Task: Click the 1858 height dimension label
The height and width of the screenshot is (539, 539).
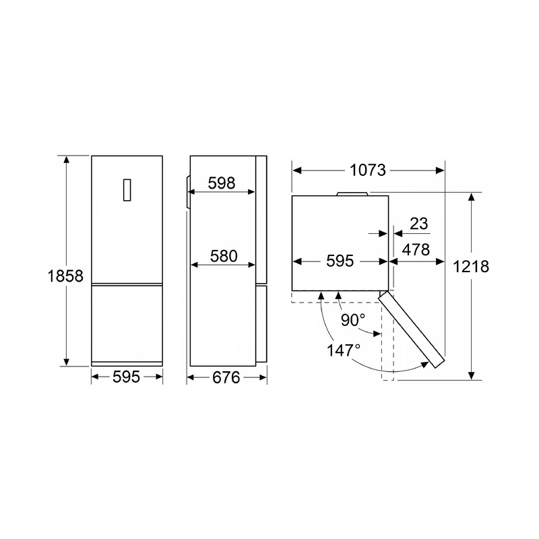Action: pyautogui.click(x=65, y=276)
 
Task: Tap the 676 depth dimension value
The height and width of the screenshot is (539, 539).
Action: pyautogui.click(x=226, y=377)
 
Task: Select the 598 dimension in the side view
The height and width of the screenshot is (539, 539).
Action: pyautogui.click(x=222, y=183)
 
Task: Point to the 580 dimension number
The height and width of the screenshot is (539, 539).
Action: pyautogui.click(x=224, y=256)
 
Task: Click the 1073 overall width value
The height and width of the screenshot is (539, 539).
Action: pyautogui.click(x=368, y=170)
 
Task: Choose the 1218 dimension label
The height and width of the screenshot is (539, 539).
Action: pyautogui.click(x=470, y=266)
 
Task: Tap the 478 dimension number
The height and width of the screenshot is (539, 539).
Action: pyautogui.click(x=416, y=249)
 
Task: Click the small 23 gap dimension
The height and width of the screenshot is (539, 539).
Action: pyautogui.click(x=418, y=224)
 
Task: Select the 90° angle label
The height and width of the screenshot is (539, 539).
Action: pyautogui.click(x=353, y=320)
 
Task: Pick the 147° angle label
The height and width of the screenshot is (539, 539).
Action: pyautogui.click(x=344, y=350)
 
